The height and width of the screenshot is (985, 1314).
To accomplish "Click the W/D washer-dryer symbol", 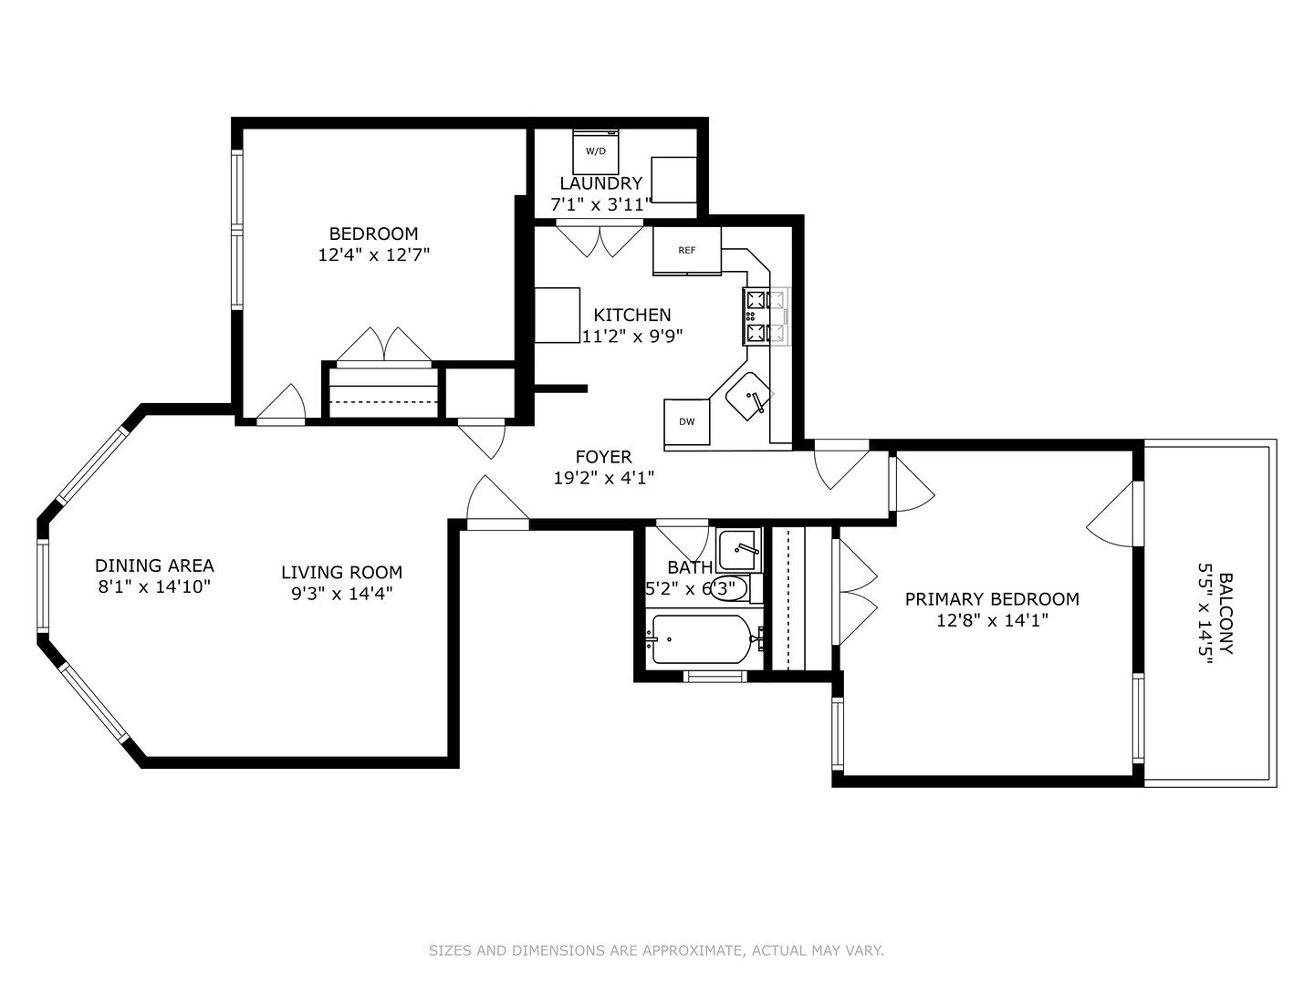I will coord(595,151).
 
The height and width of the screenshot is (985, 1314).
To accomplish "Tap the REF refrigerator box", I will coord(686,250).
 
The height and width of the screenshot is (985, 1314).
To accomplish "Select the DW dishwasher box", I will coord(686,421).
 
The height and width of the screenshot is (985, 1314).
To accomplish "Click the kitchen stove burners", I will coord(766,316).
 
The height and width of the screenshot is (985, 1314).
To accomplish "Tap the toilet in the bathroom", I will coord(734,588).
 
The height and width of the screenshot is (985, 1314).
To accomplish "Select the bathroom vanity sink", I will coord(738,549).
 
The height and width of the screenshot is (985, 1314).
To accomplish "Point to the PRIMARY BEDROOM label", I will coord(992,599).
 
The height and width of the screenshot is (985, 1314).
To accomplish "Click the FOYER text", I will coord(603,457).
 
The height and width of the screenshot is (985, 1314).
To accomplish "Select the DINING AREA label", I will coord(154,565).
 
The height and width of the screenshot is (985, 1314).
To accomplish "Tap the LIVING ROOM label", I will coord(341,573).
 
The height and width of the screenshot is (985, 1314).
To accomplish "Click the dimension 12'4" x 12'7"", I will coord(373,255).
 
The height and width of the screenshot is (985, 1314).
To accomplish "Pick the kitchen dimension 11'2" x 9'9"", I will coord(632,336).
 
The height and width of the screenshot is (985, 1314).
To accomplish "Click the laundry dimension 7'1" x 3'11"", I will coord(600,204).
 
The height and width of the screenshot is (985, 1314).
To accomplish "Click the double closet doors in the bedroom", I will coord(384,346).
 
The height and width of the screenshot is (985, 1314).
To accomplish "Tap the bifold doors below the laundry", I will coord(600,240).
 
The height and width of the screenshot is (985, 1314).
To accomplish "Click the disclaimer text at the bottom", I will coord(656,950).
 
